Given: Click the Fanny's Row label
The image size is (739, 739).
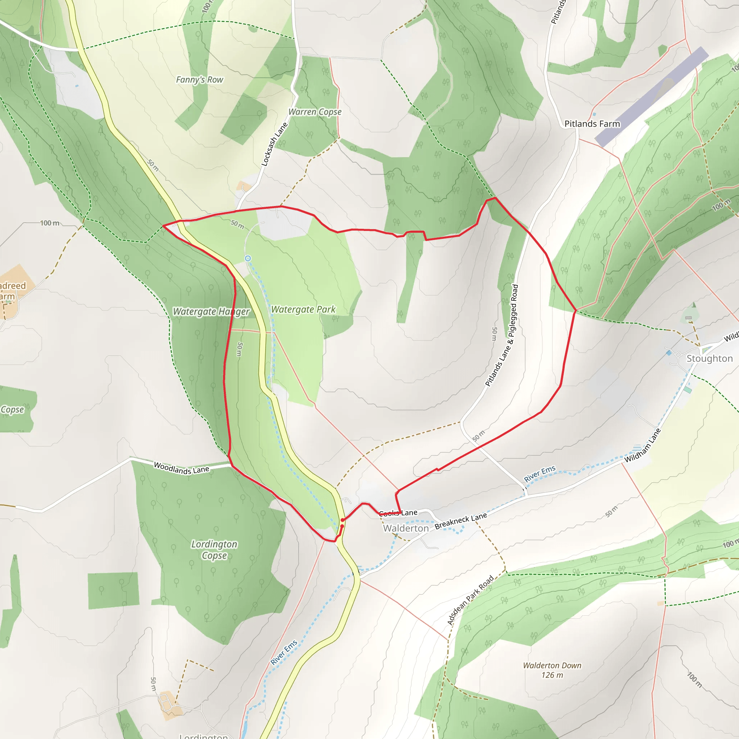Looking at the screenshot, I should pos(199,79).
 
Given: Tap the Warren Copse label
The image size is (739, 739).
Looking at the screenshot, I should pos(314,112).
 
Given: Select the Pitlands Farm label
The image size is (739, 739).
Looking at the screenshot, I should pos(592,123).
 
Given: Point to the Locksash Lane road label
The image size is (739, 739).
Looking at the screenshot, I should pos(274,144).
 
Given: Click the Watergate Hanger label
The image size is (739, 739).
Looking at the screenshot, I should pos(211,311).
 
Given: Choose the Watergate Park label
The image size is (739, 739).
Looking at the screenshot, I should pos(303,309).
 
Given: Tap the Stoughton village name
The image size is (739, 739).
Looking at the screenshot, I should pos(709,358).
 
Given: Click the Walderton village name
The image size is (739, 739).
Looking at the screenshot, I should pos(406,528).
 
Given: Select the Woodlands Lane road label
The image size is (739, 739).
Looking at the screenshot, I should pos(181,468).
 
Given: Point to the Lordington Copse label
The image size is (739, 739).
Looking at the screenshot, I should pos(214,550).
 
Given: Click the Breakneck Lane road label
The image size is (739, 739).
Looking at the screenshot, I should pos(460,521).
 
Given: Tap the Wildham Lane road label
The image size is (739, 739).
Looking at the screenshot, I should pos(643,445).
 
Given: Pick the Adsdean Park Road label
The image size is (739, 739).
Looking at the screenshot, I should pos(470,600).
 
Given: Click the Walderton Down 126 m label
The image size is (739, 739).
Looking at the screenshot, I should pos(552,670).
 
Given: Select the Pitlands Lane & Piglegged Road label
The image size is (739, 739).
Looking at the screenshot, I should pos(502,335).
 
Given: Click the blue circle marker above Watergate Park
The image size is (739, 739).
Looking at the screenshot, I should pos(248,259).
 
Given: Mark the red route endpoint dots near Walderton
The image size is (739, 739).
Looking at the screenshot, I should pos(342,523).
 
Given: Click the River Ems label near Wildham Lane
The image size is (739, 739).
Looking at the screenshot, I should pos(539,474).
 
